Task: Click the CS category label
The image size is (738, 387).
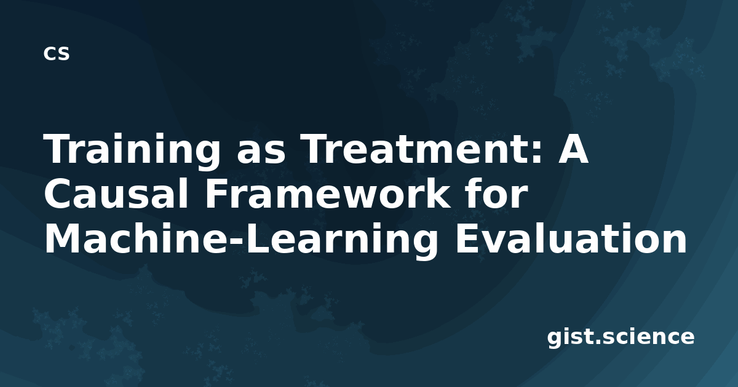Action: [x=57, y=53]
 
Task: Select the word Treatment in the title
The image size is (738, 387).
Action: [x=412, y=149]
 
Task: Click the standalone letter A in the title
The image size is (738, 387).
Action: [x=573, y=148]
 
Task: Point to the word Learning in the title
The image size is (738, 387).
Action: [x=342, y=241]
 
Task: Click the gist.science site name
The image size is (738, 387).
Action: [x=621, y=337]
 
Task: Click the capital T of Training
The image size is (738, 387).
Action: [x=58, y=148]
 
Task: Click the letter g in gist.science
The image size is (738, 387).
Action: [x=555, y=339]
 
